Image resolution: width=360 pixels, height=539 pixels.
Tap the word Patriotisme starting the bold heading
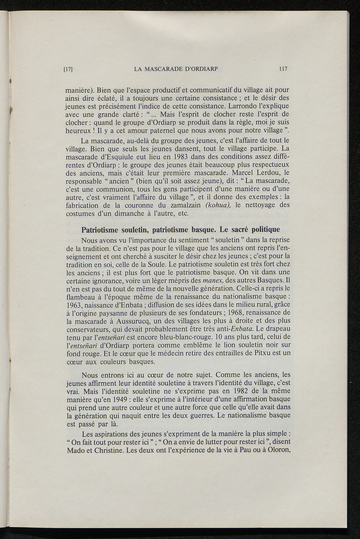(100, 230)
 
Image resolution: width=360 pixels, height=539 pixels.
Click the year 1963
(74, 305)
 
